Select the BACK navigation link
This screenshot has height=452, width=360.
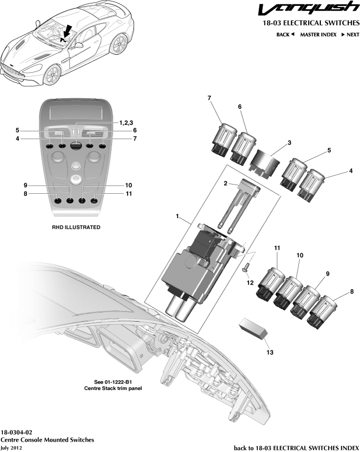pyautogui.click(x=285, y=35)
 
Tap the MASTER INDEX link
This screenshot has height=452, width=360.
pyautogui.click(x=318, y=35)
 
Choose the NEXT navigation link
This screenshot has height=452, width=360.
pyautogui.click(x=350, y=35)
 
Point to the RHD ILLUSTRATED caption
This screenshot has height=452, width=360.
pyautogui.click(x=76, y=227)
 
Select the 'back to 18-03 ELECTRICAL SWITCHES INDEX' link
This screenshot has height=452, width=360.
pyautogui.click(x=296, y=448)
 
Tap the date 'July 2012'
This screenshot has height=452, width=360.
pyautogui.click(x=11, y=448)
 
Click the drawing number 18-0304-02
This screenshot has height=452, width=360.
pyautogui.click(x=17, y=432)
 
